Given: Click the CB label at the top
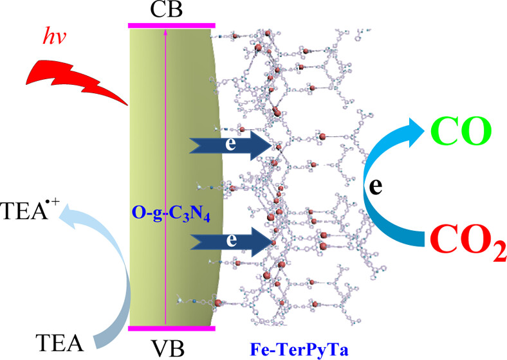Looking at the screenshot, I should point(171,11).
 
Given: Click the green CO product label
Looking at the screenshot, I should point(460,131).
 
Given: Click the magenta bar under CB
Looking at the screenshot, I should point(171,25).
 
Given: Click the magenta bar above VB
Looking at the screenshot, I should point(172,328).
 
